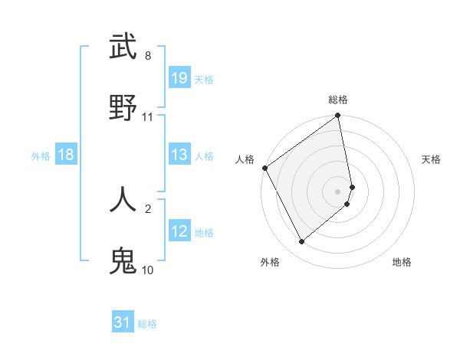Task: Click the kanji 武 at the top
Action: pyautogui.click(x=123, y=46)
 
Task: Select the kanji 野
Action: pyautogui.click(x=123, y=107)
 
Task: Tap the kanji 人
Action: pyautogui.click(x=123, y=199)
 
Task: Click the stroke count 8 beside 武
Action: pyautogui.click(x=148, y=56)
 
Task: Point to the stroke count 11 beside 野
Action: pyautogui.click(x=148, y=117)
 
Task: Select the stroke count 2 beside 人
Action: pyautogui.click(x=148, y=208)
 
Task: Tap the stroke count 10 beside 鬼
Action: pyautogui.click(x=148, y=270)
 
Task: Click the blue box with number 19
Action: pyautogui.click(x=179, y=77)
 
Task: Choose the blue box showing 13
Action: pyautogui.click(x=179, y=155)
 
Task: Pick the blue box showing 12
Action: pyautogui.click(x=179, y=231)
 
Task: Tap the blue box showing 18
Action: pyautogui.click(x=66, y=155)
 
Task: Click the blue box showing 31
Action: pyautogui.click(x=123, y=322)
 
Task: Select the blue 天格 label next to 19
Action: pyautogui.click(x=204, y=79)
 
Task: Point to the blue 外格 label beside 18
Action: pyautogui.click(x=41, y=155)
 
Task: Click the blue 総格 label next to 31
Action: pyautogui.click(x=147, y=324)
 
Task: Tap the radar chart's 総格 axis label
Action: pyautogui.click(x=338, y=100)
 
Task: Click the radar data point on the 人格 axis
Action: pyautogui.click(x=264, y=168)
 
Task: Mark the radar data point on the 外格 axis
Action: pyautogui.click(x=301, y=241)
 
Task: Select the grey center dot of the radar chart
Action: pyautogui.click(x=338, y=191)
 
